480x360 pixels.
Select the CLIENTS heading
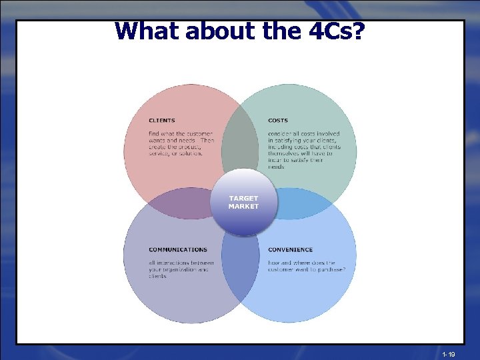click(162, 121)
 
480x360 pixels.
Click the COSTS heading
click(278, 121)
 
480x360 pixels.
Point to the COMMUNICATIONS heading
click(178, 250)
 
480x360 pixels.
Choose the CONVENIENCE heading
click(290, 250)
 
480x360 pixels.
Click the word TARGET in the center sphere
click(243, 199)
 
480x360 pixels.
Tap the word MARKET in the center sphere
click(243, 207)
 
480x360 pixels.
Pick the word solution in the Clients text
click(191, 153)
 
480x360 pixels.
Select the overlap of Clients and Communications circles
click(173, 204)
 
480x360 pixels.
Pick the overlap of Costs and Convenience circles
click(310, 204)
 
